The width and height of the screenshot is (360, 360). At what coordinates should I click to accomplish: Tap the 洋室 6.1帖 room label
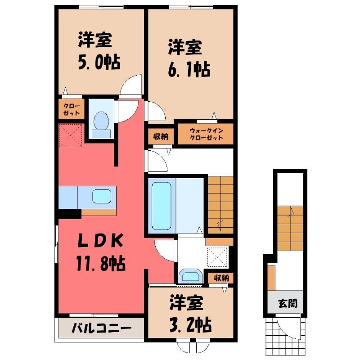189,58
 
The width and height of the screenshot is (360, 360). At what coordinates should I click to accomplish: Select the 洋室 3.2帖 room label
190,314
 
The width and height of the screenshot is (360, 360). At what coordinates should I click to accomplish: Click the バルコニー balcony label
102,328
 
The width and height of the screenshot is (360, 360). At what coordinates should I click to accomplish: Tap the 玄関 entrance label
288,303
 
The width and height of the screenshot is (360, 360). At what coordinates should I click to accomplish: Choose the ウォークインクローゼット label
206,134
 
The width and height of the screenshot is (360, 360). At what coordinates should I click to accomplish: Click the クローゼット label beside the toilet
72,109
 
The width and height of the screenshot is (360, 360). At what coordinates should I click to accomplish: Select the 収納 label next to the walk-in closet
161,137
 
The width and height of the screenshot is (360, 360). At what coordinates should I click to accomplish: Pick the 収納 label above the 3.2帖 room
221,278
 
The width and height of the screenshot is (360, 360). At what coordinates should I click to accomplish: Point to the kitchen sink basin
102,196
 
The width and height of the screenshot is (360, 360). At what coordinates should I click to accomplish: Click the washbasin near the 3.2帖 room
190,275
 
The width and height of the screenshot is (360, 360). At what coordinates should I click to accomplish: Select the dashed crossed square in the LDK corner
71,135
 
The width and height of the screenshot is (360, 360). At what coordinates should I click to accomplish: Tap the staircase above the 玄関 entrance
290,228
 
